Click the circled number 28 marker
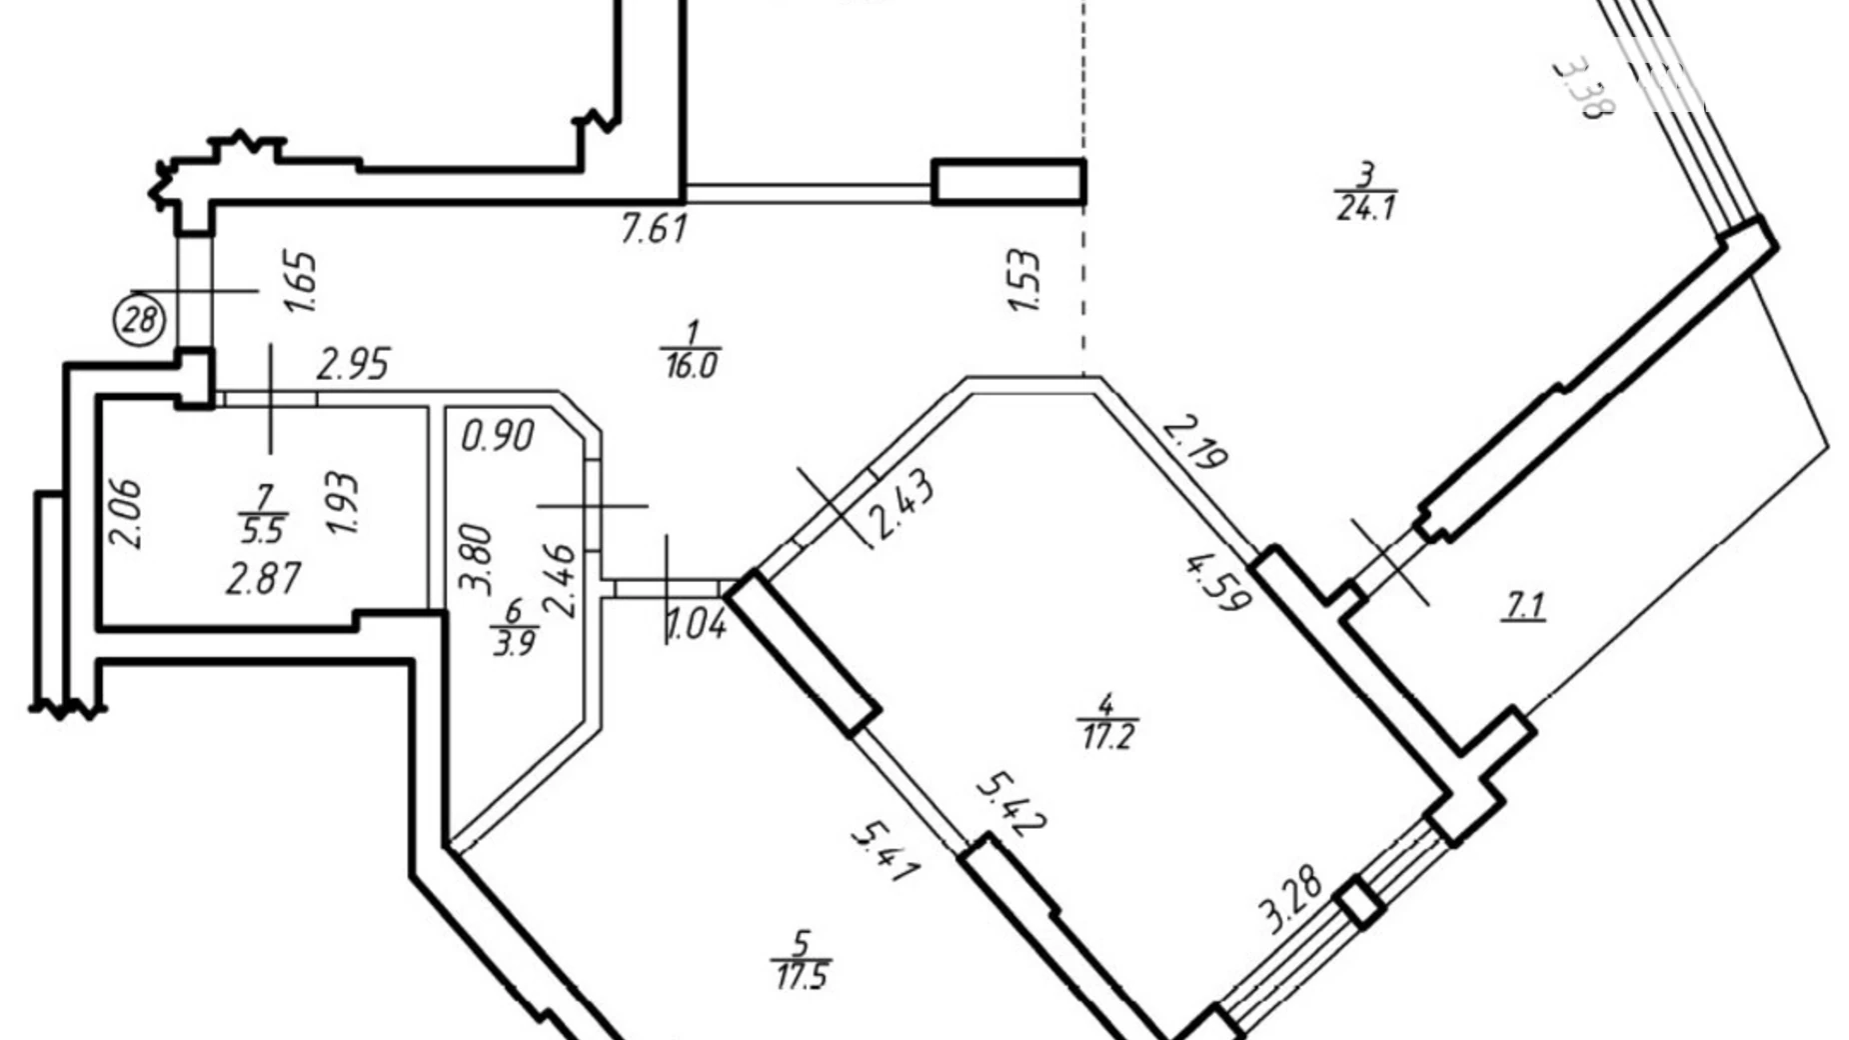(x=141, y=320)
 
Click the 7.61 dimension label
(x=654, y=230)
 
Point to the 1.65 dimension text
(x=301, y=282)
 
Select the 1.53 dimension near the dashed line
(x=1025, y=281)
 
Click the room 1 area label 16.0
(x=690, y=365)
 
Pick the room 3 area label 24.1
(x=1366, y=208)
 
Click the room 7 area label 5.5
(x=263, y=529)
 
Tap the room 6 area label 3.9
(x=515, y=642)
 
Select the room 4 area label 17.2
(x=1108, y=737)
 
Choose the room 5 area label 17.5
(x=802, y=974)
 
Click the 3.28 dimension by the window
(x=1291, y=900)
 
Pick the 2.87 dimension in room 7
(x=263, y=579)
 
